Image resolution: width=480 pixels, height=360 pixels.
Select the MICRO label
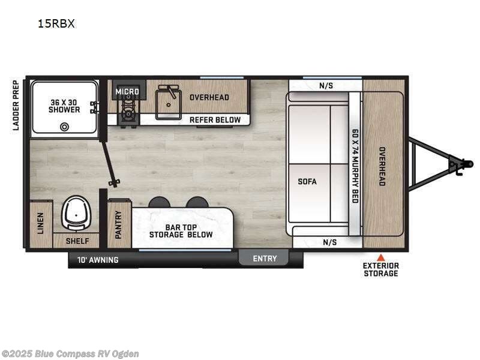pyautogui.click(x=127, y=92)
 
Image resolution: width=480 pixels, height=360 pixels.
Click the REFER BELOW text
pyautogui.click(x=215, y=119)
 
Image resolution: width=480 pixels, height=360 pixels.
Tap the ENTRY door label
pyautogui.click(x=265, y=259)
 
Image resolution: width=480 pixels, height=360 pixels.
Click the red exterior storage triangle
pyautogui.click(x=380, y=256)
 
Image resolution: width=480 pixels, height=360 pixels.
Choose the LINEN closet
pyautogui.click(x=41, y=223)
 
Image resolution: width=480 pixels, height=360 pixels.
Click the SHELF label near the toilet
pyautogui.click(x=77, y=241)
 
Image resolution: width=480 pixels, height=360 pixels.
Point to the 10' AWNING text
pyautogui.click(x=98, y=260)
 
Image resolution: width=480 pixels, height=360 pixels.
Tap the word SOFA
pyautogui.click(x=307, y=181)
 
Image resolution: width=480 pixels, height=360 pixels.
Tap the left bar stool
pyautogui.click(x=159, y=202)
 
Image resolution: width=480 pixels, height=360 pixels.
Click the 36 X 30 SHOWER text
pyautogui.click(x=65, y=106)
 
